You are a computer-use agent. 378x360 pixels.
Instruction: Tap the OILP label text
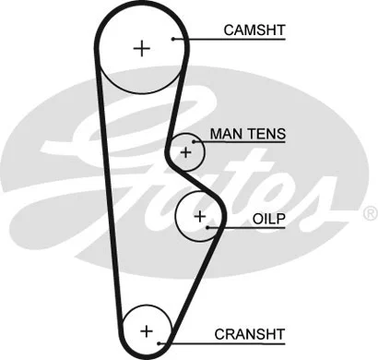(268, 222)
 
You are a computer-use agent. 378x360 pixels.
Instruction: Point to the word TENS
(266, 135)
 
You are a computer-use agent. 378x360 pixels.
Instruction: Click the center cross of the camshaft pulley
(141, 48)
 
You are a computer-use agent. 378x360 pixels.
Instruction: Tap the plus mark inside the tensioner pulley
(186, 150)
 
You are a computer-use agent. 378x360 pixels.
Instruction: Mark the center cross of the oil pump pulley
(199, 215)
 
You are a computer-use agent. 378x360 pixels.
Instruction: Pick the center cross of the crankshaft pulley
(146, 329)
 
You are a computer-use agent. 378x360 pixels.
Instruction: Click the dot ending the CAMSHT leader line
(173, 40)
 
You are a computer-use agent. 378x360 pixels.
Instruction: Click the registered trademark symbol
(369, 213)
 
